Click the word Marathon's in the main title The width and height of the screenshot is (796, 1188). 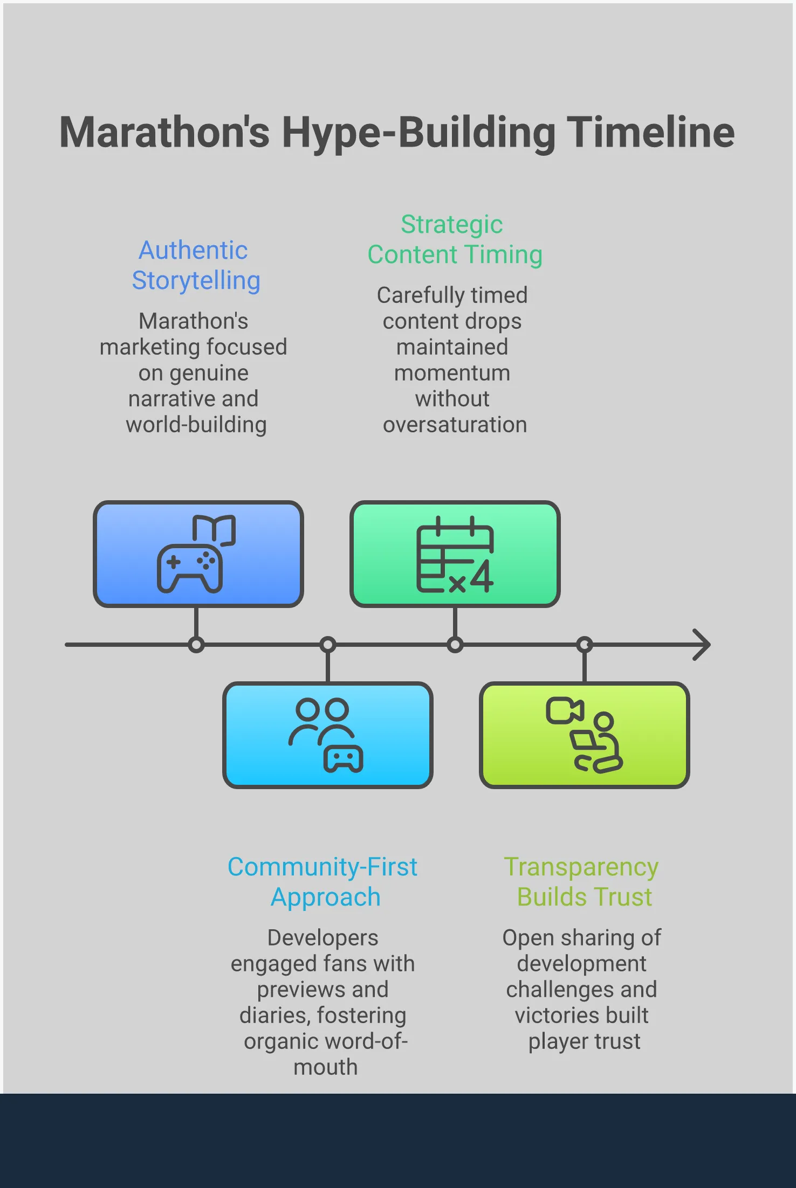pos(164,133)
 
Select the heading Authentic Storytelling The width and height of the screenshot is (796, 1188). pos(196,265)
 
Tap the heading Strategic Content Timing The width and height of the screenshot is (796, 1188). pos(454,239)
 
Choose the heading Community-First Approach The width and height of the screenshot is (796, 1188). pos(323,882)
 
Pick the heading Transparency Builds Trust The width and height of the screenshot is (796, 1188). pos(582,882)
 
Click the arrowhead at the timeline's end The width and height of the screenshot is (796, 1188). pos(702,645)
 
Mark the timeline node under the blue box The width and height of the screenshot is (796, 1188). pos(196,645)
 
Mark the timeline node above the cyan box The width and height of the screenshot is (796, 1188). pos(328,645)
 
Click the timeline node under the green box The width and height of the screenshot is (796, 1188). pos(455,645)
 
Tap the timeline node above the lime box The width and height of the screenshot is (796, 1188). pos(585,645)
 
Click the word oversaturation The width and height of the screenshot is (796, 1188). pos(455,425)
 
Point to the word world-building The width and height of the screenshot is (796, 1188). pos(196,425)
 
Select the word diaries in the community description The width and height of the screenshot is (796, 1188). pos(273,1016)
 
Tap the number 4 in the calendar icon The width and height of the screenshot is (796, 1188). pos(482,577)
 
